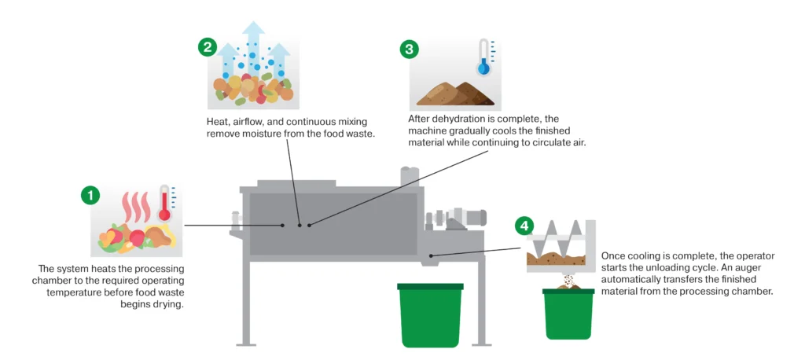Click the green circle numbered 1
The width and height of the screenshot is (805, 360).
[91, 196]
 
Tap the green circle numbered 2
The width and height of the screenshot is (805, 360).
[207, 48]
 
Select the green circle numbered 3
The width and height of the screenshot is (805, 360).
[409, 49]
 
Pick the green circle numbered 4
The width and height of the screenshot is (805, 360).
[523, 226]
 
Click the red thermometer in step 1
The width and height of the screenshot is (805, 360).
[165, 203]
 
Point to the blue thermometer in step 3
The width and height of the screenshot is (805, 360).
[483, 57]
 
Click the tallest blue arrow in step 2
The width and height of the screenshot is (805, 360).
[253, 47]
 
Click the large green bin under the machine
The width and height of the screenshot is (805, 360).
[430, 314]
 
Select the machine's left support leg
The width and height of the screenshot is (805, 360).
[246, 302]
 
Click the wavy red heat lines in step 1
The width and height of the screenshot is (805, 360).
[135, 207]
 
